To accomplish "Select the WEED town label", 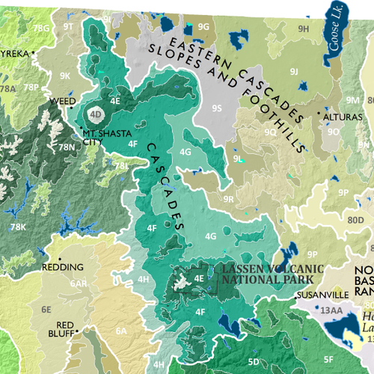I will coord(62,100).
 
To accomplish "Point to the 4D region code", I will coord(95,114).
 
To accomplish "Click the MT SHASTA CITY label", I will coord(102,135).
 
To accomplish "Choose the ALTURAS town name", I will coord(344,117).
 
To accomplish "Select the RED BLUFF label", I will coord(64,329).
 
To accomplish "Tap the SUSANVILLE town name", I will coord(323,295).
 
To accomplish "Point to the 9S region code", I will coord(217,108).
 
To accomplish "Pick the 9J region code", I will coord(294,71).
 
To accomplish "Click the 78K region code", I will coord(18,227).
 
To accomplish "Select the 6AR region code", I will coord(79,284).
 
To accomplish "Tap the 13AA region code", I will coord(330,309).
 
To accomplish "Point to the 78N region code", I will coord(68,147).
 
